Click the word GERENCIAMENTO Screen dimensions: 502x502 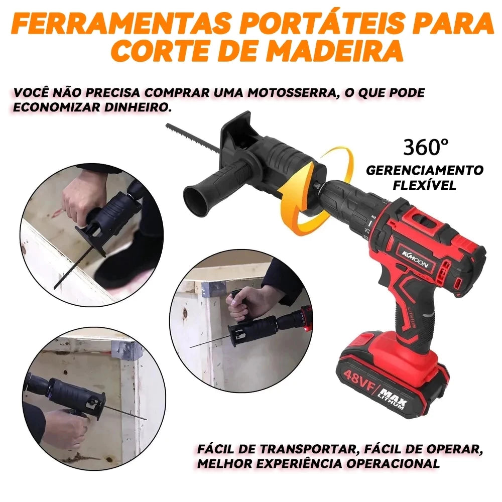pyautogui.click(x=425, y=170)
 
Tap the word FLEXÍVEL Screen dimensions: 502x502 pyautogui.click(x=425, y=185)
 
